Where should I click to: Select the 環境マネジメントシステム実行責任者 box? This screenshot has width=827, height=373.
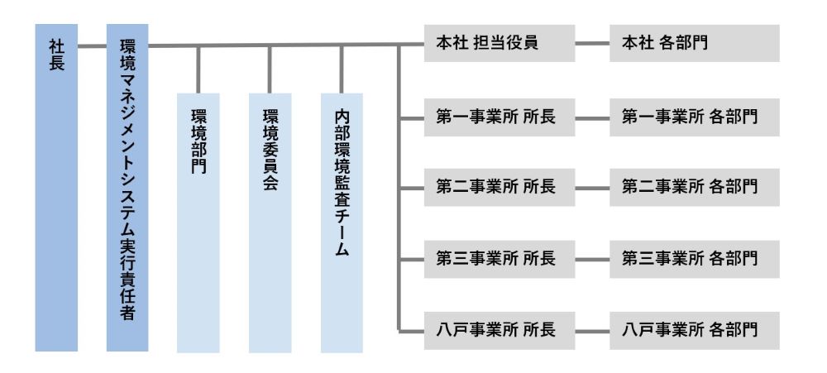click(x=127, y=189)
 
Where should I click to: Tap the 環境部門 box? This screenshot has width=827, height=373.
click(x=198, y=222)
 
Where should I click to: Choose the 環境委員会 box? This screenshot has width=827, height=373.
click(x=270, y=222)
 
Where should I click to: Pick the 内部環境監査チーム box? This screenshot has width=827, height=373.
click(x=342, y=222)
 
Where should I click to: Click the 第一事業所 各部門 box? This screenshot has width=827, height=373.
click(x=694, y=118)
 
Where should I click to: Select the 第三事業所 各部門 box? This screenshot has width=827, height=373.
click(x=694, y=259)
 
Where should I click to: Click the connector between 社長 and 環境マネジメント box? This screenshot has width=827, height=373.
click(x=93, y=45)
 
